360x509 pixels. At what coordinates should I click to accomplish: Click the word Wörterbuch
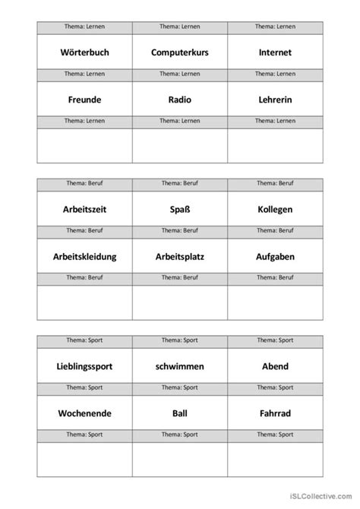(x=84, y=52)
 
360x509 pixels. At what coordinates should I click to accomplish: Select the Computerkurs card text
(x=179, y=52)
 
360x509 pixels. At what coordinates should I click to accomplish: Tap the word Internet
(x=275, y=52)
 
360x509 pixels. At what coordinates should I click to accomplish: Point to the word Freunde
(x=84, y=100)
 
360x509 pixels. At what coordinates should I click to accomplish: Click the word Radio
(x=179, y=100)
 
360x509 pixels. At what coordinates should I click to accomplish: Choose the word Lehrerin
(x=275, y=100)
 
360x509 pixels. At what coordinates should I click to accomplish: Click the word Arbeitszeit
(x=84, y=209)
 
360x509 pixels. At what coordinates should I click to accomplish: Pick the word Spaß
(x=179, y=209)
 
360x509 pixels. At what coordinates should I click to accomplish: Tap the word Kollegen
(x=275, y=209)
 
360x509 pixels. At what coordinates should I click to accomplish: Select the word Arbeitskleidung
(x=84, y=257)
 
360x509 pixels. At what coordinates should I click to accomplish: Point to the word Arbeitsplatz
(x=179, y=257)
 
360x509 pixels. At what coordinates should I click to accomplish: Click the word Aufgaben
(x=275, y=257)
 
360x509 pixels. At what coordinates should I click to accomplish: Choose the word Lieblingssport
(x=84, y=366)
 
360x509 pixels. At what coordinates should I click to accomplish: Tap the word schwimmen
(x=179, y=366)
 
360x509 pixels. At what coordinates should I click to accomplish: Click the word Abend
(x=275, y=366)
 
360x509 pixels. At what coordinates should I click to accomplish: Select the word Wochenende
(x=84, y=414)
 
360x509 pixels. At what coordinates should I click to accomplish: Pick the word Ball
(x=179, y=414)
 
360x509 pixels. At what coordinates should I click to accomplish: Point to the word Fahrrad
(x=275, y=414)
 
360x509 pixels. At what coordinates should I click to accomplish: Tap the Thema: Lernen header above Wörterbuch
(x=84, y=27)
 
